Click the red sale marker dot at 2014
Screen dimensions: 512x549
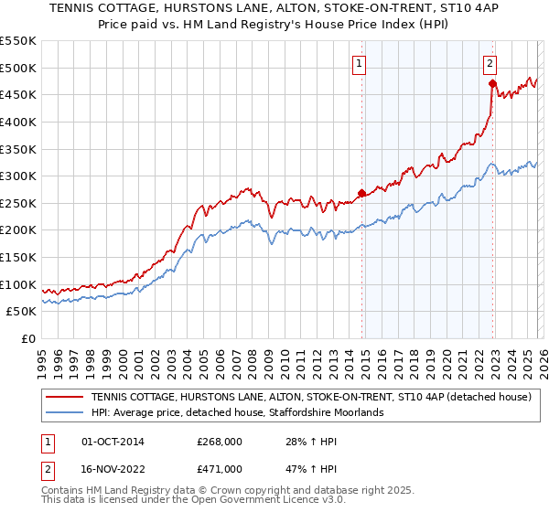click(x=361, y=193)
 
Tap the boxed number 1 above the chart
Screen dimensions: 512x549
click(x=360, y=63)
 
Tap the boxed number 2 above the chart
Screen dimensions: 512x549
click(x=490, y=63)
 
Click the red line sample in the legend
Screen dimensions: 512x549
click(x=66, y=398)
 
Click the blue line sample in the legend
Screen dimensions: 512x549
click(x=66, y=413)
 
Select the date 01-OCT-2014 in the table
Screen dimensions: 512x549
click(x=113, y=442)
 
